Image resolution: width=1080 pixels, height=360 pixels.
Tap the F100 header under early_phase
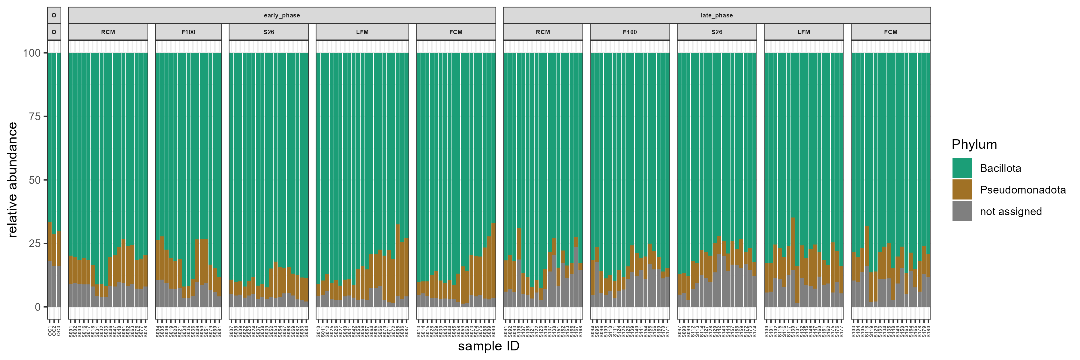tap(188, 32)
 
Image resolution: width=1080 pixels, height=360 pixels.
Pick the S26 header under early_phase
tap(269, 32)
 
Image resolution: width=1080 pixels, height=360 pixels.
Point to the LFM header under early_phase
tap(362, 32)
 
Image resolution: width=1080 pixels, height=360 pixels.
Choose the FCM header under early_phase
tap(456, 32)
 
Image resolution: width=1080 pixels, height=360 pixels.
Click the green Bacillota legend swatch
tap(962, 168)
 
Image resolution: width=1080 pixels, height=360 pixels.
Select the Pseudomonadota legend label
tap(1023, 190)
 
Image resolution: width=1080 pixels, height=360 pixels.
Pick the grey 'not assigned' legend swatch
tap(962, 211)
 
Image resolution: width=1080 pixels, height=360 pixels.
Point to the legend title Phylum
tap(974, 144)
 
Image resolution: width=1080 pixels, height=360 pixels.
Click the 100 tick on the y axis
tap(32, 53)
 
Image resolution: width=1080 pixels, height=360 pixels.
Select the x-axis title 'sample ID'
tap(488, 346)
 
